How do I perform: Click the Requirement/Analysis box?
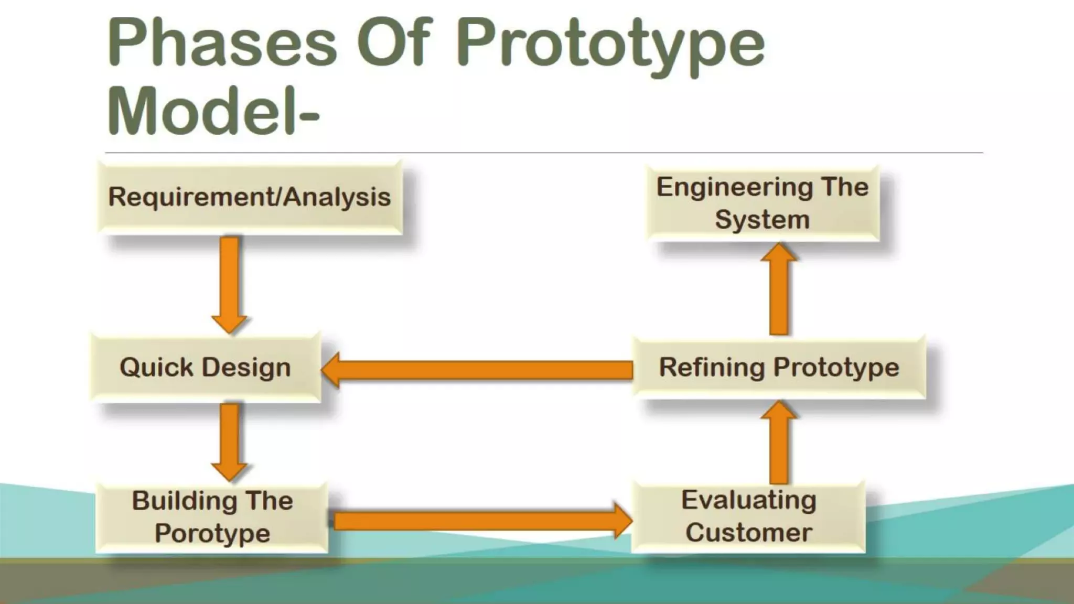250,198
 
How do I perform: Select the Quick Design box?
206,367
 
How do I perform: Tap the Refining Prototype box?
779,367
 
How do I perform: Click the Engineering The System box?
762,203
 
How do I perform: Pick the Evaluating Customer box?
748,516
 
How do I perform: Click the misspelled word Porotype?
212,534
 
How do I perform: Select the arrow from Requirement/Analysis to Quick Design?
229,283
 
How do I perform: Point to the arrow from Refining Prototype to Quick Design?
477,370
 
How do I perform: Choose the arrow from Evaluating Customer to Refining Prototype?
779,443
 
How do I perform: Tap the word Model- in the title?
213,112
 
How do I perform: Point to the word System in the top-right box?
762,219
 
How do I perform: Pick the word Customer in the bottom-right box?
748,533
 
